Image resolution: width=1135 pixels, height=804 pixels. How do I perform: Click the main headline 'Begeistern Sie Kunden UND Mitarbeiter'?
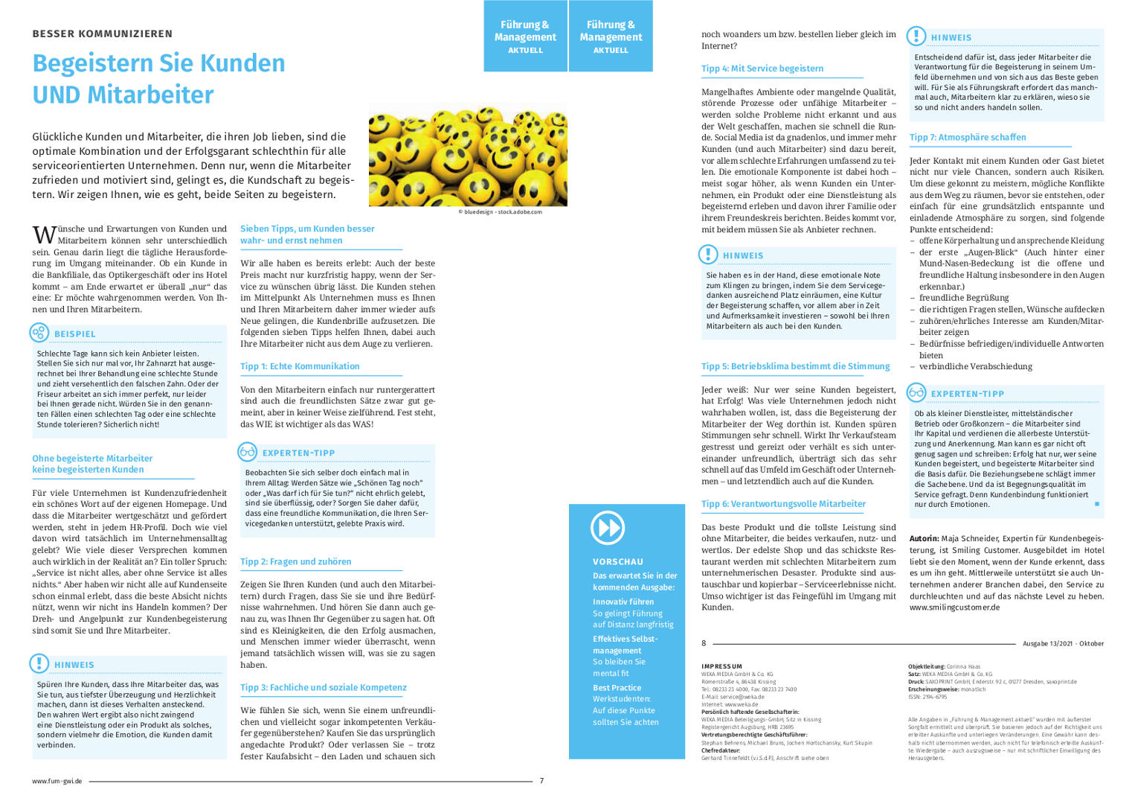[x=158, y=79]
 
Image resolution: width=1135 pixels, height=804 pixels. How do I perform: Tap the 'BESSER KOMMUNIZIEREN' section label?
[x=103, y=33]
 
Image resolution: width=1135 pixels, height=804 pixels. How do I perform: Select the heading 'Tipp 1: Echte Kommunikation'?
[x=300, y=366]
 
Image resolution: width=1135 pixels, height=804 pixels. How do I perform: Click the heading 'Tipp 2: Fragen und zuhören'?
[x=295, y=562]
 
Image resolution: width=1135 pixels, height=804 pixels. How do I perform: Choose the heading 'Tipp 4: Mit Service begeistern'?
[x=762, y=68]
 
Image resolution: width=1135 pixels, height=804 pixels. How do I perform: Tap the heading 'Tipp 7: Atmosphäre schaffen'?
[x=968, y=138]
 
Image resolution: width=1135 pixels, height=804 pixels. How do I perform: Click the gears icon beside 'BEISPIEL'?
[x=39, y=333]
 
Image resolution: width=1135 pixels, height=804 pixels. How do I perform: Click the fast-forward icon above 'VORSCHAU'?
[x=608, y=528]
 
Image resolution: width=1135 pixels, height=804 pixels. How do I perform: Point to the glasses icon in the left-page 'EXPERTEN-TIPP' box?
[x=248, y=452]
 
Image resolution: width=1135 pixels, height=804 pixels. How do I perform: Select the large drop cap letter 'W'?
[x=44, y=235]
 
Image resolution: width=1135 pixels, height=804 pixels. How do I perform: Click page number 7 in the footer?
[x=541, y=781]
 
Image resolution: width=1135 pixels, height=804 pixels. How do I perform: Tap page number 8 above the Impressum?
[x=704, y=643]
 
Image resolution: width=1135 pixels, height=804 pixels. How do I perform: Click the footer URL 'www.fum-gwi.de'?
[x=57, y=781]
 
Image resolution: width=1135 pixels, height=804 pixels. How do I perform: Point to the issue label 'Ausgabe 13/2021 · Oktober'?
[x=1063, y=643]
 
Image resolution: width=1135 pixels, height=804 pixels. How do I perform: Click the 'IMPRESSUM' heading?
[x=721, y=666]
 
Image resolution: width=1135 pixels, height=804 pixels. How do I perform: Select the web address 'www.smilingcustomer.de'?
[x=954, y=607]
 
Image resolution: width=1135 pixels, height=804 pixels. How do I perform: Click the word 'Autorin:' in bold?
[x=924, y=538]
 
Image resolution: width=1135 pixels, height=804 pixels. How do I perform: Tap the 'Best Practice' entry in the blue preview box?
[x=617, y=688]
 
